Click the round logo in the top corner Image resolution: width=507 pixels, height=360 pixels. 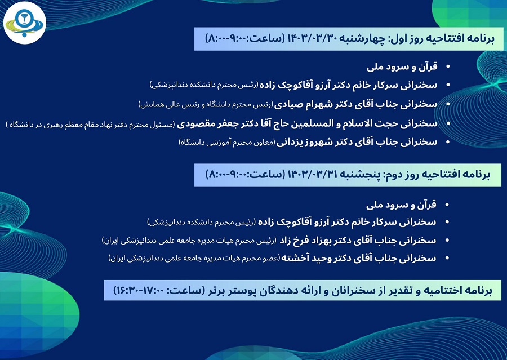pos(25,23)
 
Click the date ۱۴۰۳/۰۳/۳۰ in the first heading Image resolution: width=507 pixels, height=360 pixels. pos(313,39)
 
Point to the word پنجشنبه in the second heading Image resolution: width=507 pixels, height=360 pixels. pos(360,175)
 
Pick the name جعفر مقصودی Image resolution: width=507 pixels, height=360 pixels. pos(204,124)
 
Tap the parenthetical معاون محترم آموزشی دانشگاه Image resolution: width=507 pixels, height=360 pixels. pos(227,143)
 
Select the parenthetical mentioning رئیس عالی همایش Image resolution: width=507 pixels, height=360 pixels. pos(206,104)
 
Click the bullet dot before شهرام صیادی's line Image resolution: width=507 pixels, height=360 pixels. pos(448,104)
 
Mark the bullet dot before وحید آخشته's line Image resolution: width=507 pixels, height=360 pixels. pos(447,259)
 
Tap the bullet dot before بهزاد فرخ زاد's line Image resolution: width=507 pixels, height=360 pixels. pos(447,241)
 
